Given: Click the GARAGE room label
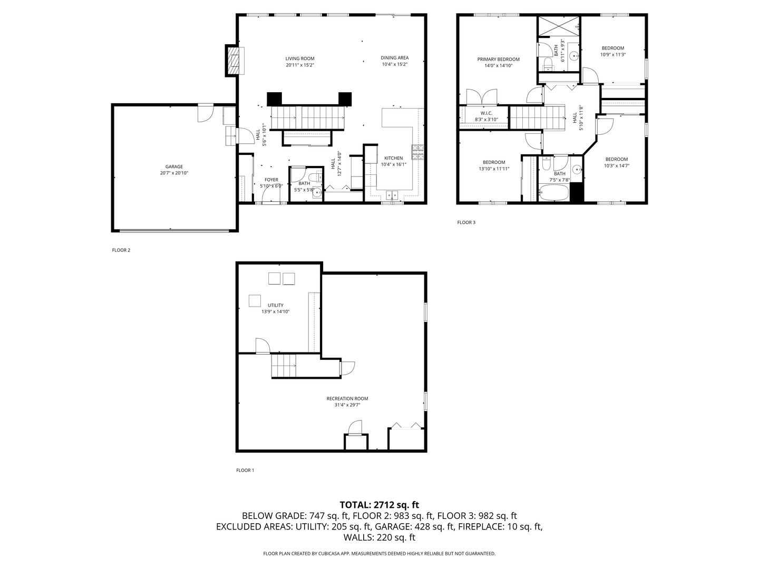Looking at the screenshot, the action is click(x=174, y=166).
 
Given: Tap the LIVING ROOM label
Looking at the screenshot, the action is click(x=300, y=58).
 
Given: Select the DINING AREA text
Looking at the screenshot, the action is click(x=395, y=58).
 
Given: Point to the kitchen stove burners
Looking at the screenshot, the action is click(x=417, y=152).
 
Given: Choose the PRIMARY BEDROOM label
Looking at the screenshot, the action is click(x=498, y=60).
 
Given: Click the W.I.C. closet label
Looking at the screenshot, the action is click(x=486, y=113).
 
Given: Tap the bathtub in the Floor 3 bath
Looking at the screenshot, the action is click(x=554, y=193).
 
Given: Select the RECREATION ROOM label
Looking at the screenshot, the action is click(x=347, y=398).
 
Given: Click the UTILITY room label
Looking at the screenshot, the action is click(x=275, y=305).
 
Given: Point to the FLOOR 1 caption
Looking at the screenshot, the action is click(x=245, y=470).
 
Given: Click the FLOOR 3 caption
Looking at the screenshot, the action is click(x=466, y=222).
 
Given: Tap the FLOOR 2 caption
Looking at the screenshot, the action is click(x=121, y=250).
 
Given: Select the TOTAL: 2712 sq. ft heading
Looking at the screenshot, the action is click(x=379, y=505).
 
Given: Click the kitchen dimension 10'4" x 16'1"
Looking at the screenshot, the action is click(x=394, y=164).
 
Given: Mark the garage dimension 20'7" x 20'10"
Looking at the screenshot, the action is click(x=174, y=173).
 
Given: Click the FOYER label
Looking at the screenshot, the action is click(x=271, y=180).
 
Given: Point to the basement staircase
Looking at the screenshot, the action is click(x=284, y=366).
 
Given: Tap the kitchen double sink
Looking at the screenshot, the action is click(x=392, y=195).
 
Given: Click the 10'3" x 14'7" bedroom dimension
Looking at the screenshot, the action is click(x=617, y=165).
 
